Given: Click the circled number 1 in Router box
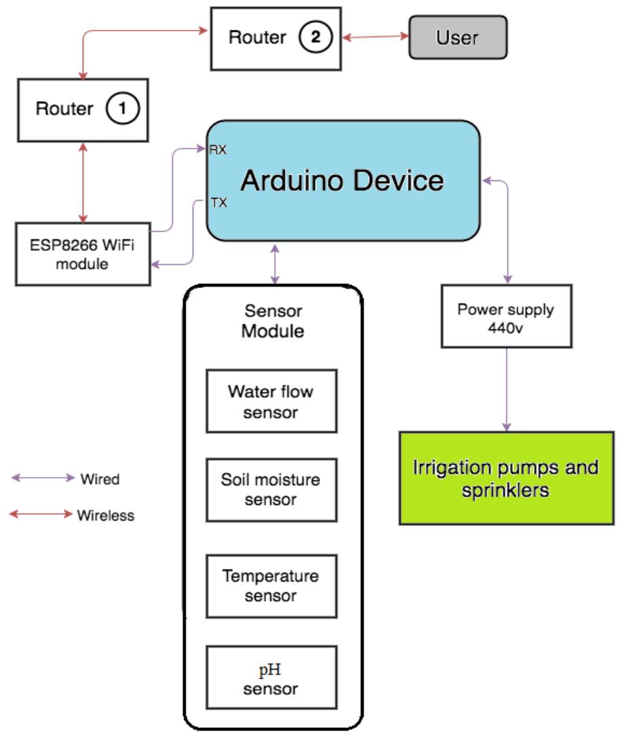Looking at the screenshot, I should [123, 108].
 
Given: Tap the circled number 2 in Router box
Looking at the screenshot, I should [316, 37].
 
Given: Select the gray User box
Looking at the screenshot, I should [457, 37].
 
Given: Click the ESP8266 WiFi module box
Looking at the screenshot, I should [83, 254].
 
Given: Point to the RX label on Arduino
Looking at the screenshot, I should [217, 150].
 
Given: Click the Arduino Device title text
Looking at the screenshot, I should [342, 180].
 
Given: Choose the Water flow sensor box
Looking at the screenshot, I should [271, 401].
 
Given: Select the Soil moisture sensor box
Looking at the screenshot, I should [271, 489].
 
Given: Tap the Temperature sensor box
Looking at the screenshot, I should [271, 586].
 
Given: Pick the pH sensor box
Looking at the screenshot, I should [271, 679].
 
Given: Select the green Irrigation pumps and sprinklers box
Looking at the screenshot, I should [506, 478].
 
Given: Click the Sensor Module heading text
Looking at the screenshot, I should [273, 321].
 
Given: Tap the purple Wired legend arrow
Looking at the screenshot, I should [42, 478].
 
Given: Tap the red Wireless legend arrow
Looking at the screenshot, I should [41, 514].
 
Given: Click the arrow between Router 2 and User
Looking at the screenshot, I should [375, 37].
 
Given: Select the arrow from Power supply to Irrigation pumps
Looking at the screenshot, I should [506, 390].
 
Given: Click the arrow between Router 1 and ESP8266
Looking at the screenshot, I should [83, 182].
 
